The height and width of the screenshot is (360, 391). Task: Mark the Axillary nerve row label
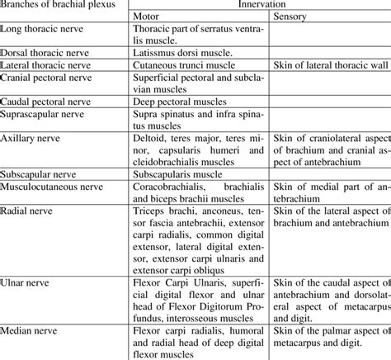tap(32, 135)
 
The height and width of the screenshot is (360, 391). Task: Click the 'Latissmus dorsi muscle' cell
tap(182, 52)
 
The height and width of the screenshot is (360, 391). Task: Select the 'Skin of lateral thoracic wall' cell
tap(327, 64)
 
